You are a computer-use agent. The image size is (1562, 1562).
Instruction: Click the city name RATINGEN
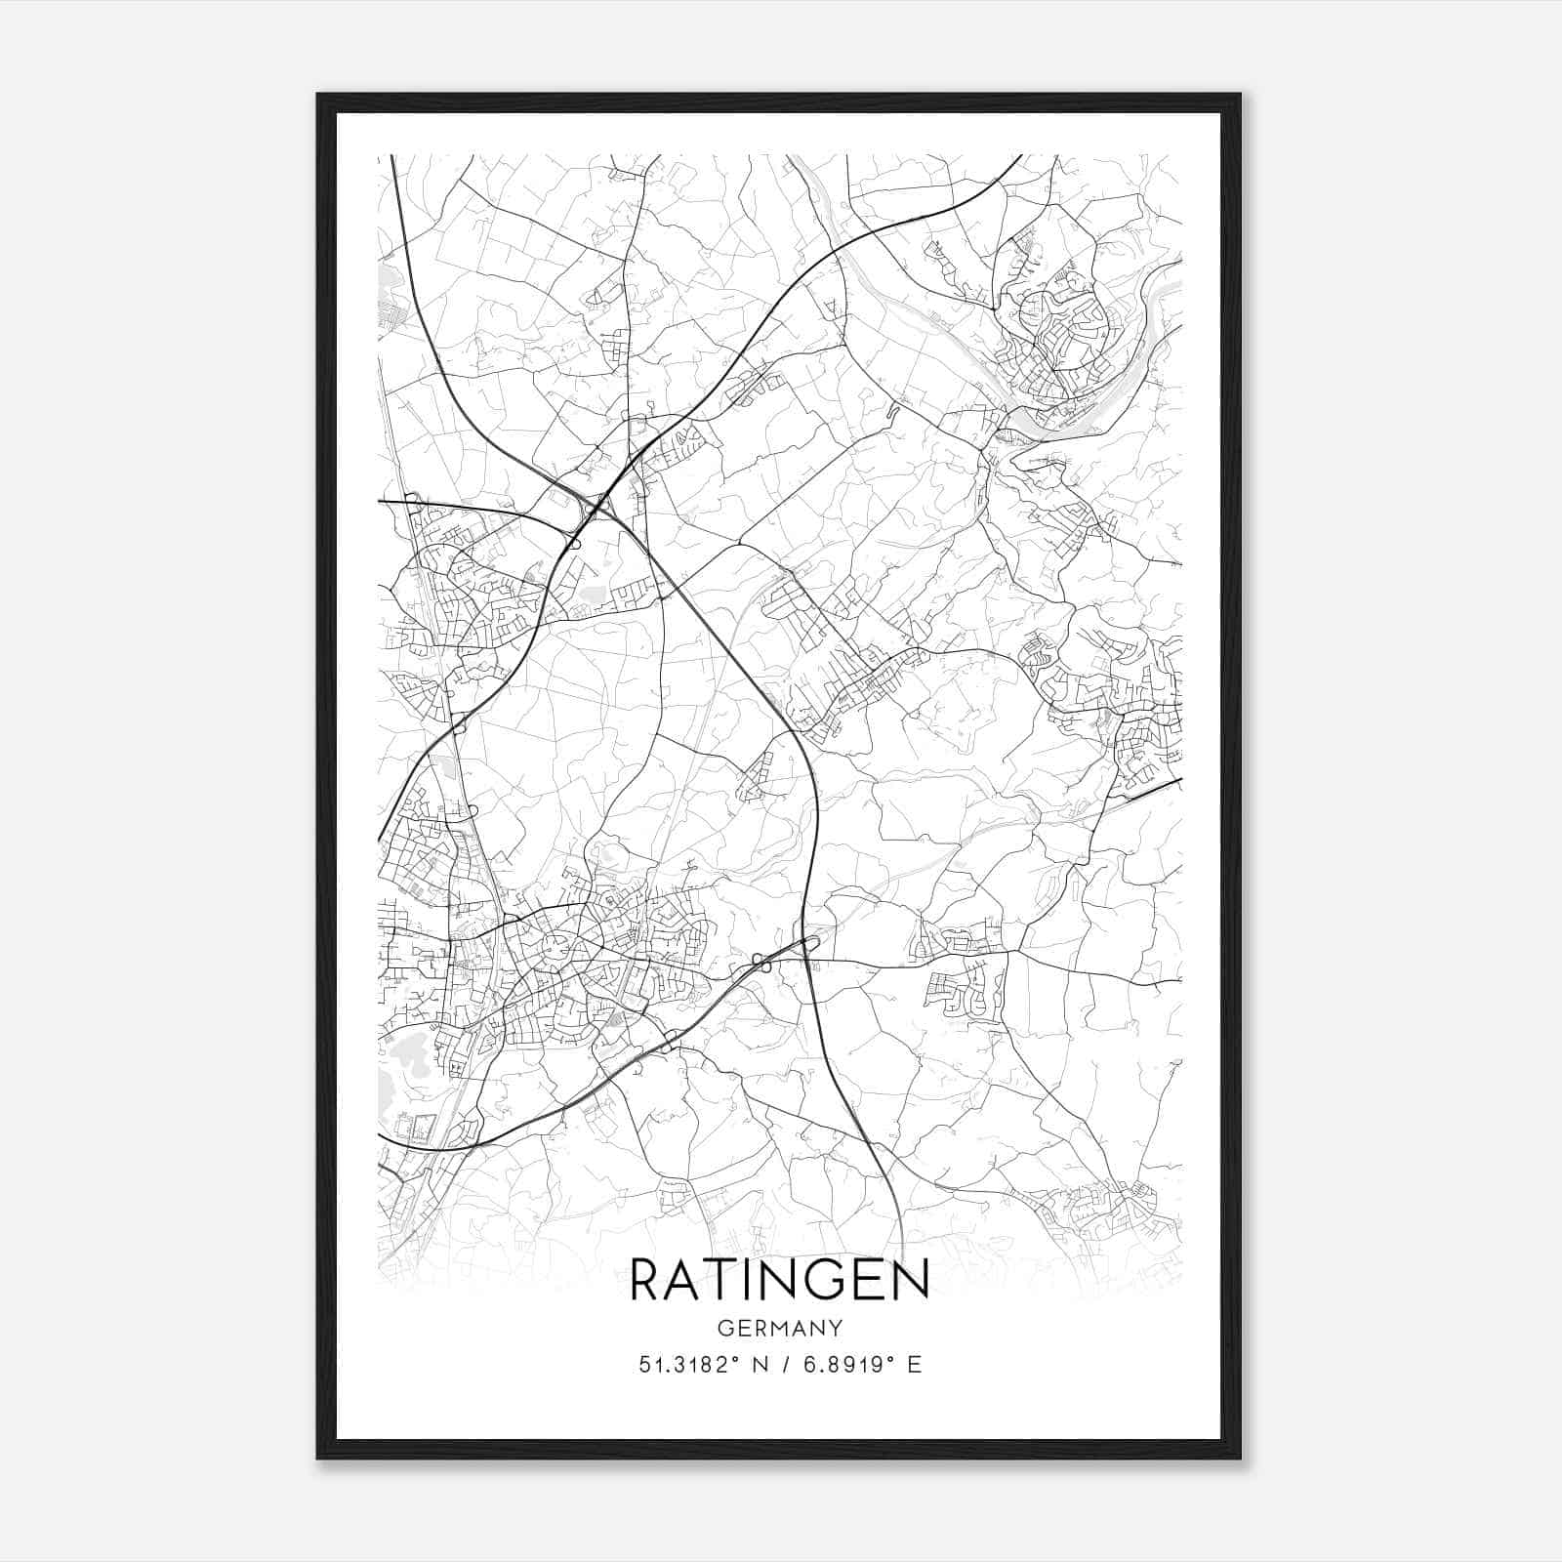tap(779, 1280)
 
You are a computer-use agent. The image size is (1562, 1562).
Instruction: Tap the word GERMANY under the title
tap(779, 1328)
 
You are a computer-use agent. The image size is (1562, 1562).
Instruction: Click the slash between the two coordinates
tap(786, 1365)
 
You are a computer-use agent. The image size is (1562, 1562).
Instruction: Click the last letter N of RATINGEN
tap(910, 1280)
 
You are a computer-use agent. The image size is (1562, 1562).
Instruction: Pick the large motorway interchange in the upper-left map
tap(591, 503)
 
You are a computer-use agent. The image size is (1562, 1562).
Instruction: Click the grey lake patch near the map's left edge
tap(405, 1054)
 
